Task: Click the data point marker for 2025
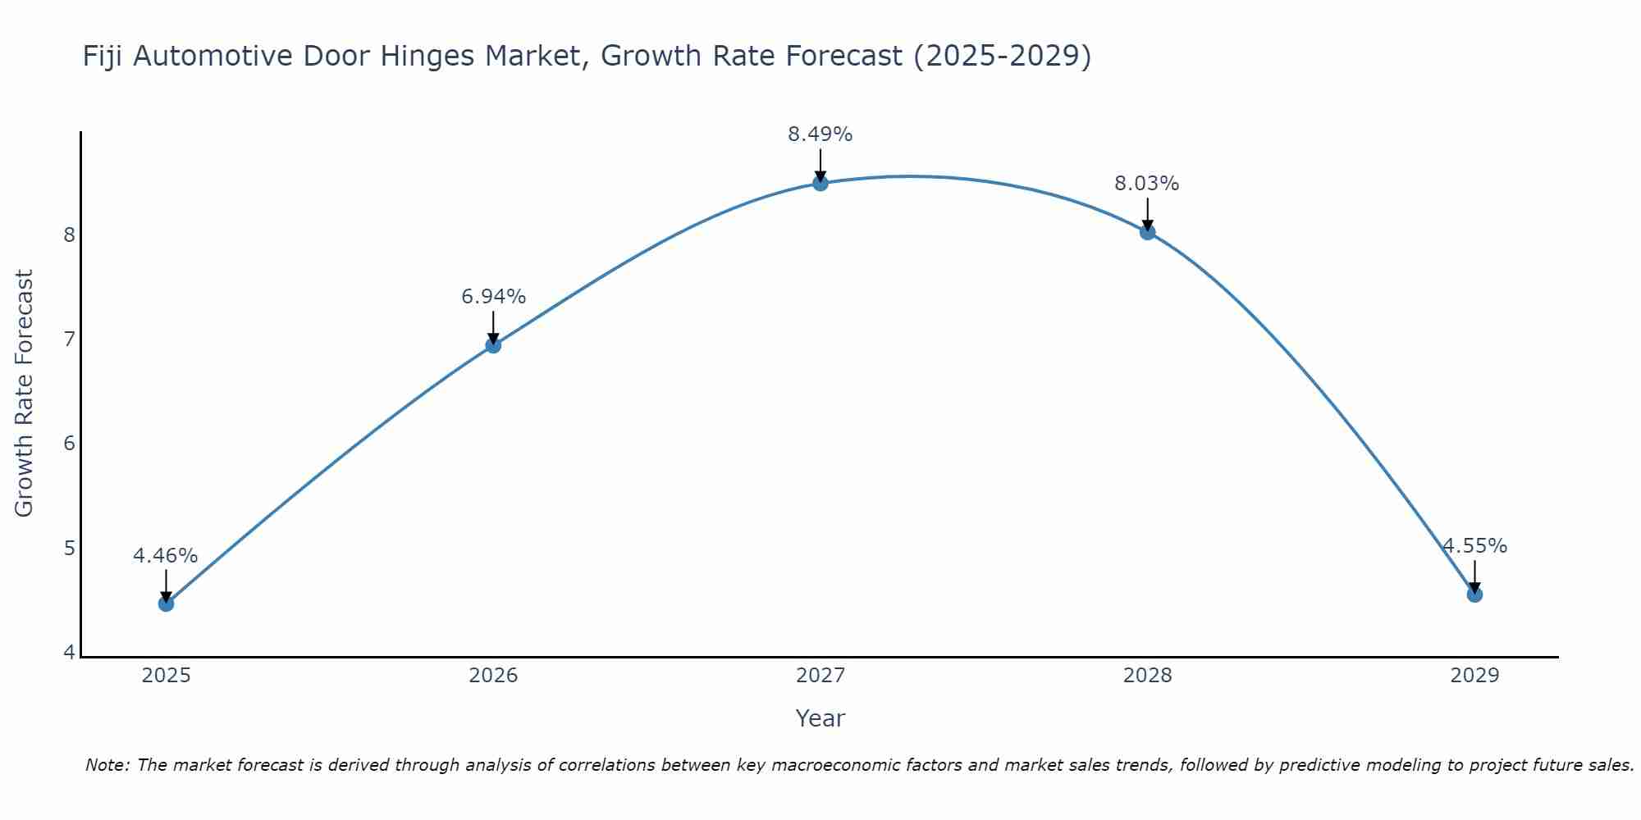pos(166,604)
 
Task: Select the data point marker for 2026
pos(493,345)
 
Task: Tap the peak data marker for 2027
pos(820,183)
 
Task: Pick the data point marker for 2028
pos(1147,232)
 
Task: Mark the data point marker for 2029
pos(1474,594)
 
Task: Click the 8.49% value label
pos(820,134)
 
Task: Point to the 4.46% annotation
pos(166,556)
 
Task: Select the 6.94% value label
pos(493,297)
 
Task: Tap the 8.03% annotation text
pos(1147,184)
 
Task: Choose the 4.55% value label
pos(1475,546)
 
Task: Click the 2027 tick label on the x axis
pos(820,676)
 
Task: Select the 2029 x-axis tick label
pos(1474,676)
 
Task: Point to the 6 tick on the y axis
pos(69,444)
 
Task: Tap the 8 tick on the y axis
pos(69,235)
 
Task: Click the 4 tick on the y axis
pos(69,653)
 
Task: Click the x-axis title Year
pos(820,718)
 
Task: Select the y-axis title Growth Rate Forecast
pos(25,394)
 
